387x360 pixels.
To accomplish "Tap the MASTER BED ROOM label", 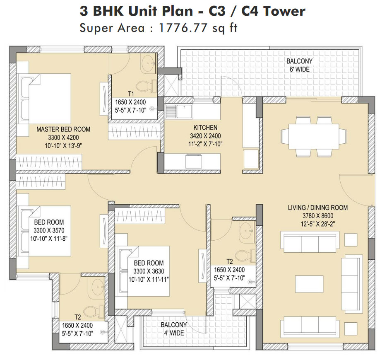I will (x=63, y=129).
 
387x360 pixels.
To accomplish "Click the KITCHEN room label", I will (x=205, y=128).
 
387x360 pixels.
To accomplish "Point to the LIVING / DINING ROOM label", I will (x=318, y=208).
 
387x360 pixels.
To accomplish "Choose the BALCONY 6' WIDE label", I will (x=299, y=61).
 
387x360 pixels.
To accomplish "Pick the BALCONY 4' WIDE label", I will (x=173, y=325).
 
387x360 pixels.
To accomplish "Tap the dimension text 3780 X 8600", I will (x=317, y=215).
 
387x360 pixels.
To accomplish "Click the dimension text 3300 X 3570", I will (x=49, y=230).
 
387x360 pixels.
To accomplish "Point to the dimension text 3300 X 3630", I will (x=148, y=271).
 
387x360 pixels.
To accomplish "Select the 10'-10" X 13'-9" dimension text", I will (x=63, y=145).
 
